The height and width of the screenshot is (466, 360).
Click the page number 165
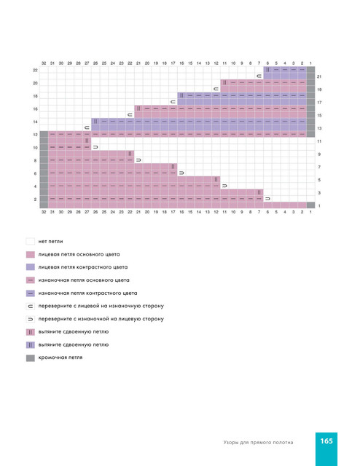pyautogui.click(x=326, y=441)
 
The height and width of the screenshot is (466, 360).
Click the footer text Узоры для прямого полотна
pyautogui.click(x=258, y=443)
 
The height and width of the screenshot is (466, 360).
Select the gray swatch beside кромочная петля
pyautogui.click(x=31, y=358)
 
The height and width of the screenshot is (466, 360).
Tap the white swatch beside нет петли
pyautogui.click(x=31, y=241)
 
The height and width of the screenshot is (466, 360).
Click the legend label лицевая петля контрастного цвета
pyautogui.click(x=83, y=267)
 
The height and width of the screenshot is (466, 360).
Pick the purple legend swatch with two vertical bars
pyautogui.click(x=31, y=344)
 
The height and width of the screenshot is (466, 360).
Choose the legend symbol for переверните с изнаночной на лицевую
pyautogui.click(x=31, y=319)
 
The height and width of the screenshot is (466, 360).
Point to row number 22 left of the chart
pyautogui.click(x=35, y=70)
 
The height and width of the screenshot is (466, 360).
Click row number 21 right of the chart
pyautogui.click(x=319, y=76)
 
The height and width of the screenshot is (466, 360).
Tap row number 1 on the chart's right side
pyautogui.click(x=319, y=205)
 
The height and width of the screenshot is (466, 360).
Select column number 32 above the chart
pyautogui.click(x=44, y=63)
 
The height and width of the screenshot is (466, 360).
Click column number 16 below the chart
pyautogui.click(x=181, y=212)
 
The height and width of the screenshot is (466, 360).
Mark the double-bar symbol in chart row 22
pyautogui.click(x=267, y=70)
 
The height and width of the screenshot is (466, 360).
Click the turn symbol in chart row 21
pyautogui.click(x=259, y=76)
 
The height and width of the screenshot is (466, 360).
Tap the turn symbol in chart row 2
pyautogui.click(x=267, y=199)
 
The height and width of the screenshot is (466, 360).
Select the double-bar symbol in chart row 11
pyautogui.click(x=87, y=141)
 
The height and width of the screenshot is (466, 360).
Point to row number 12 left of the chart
pyautogui.click(x=35, y=135)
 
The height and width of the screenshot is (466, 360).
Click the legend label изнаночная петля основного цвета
pyautogui.click(x=84, y=280)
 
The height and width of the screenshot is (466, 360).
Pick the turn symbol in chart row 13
pyautogui.click(x=87, y=128)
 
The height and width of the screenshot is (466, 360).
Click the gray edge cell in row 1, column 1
pyautogui.click(x=310, y=205)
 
